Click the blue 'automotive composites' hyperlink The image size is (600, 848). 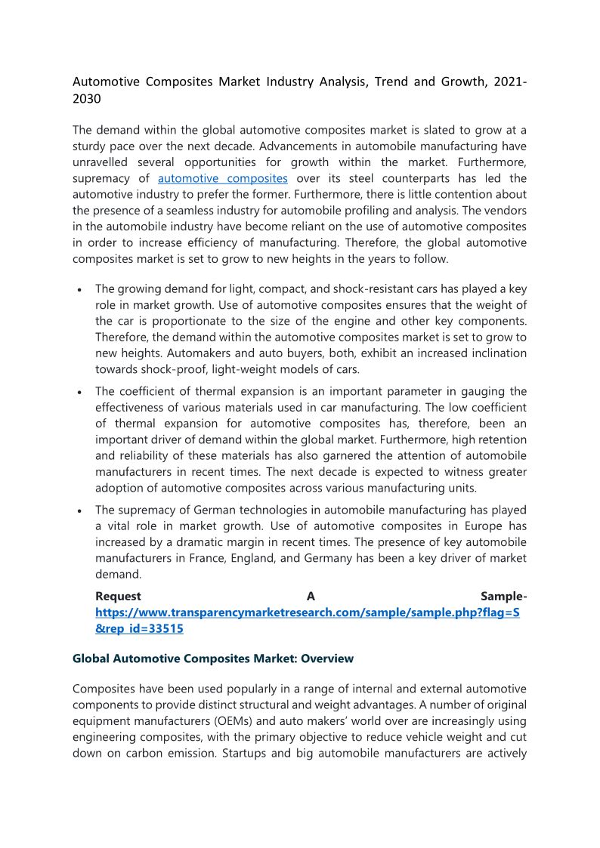pyautogui.click(x=222, y=178)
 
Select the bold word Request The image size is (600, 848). pyautogui.click(x=118, y=596)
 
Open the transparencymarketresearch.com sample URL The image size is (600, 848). pyautogui.click(x=307, y=612)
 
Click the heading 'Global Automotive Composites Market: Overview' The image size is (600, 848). pyautogui.click(x=213, y=658)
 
